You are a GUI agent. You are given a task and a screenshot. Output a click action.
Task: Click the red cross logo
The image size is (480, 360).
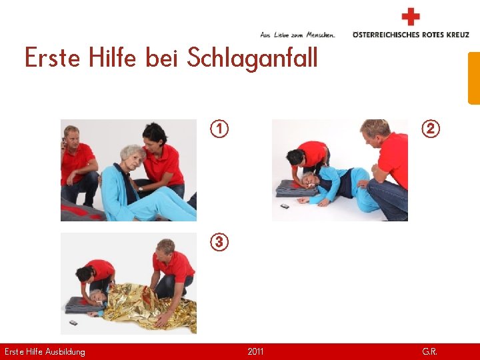pyautogui.click(x=411, y=17)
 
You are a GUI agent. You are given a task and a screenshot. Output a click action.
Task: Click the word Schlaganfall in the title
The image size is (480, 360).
pyautogui.click(x=252, y=59)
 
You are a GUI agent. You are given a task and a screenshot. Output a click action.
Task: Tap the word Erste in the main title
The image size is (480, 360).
pyautogui.click(x=53, y=57)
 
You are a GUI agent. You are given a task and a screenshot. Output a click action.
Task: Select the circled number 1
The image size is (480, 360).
pyautogui.click(x=219, y=129)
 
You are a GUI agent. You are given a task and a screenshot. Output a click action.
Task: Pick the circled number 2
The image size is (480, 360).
pyautogui.click(x=431, y=129)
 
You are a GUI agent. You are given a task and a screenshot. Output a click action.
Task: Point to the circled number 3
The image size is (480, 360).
pyautogui.click(x=219, y=242)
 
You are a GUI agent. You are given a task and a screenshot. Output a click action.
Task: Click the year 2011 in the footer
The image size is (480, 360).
pyautogui.click(x=255, y=351)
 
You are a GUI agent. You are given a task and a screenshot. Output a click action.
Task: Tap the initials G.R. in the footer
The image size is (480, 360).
pyautogui.click(x=429, y=351)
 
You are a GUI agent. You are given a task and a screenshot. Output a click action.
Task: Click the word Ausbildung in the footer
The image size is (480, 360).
pyautogui.click(x=65, y=352)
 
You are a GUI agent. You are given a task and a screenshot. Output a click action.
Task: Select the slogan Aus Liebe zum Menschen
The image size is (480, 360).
pyautogui.click(x=297, y=35)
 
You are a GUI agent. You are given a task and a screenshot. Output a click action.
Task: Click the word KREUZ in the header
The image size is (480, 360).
pyautogui.click(x=457, y=35)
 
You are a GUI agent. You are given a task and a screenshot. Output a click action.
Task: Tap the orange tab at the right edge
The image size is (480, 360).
pyautogui.click(x=474, y=79)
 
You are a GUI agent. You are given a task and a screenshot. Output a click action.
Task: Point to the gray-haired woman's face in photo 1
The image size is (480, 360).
pyautogui.click(x=135, y=159)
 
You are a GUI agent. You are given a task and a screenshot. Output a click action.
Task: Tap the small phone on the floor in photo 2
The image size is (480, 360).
pyautogui.click(x=285, y=206)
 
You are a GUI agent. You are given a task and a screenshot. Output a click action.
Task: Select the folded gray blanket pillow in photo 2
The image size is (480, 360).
pyautogui.click(x=295, y=189)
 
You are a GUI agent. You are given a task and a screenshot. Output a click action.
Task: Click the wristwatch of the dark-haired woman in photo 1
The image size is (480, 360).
pyautogui.click(x=140, y=189)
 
